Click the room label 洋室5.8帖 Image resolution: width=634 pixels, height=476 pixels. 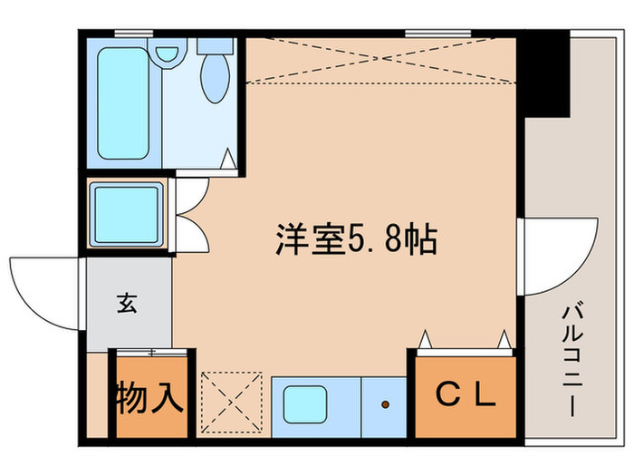[356, 241]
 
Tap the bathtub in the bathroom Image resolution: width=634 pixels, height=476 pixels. [124, 102]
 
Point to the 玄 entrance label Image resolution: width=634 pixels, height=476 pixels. [126, 304]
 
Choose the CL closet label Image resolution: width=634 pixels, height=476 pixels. [465, 394]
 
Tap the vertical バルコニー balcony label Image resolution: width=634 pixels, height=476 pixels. [571, 358]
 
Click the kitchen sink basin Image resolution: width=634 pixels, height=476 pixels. [305, 404]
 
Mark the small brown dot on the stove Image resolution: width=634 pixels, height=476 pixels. [386, 404]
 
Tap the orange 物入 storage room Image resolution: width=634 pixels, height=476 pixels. [150, 399]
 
